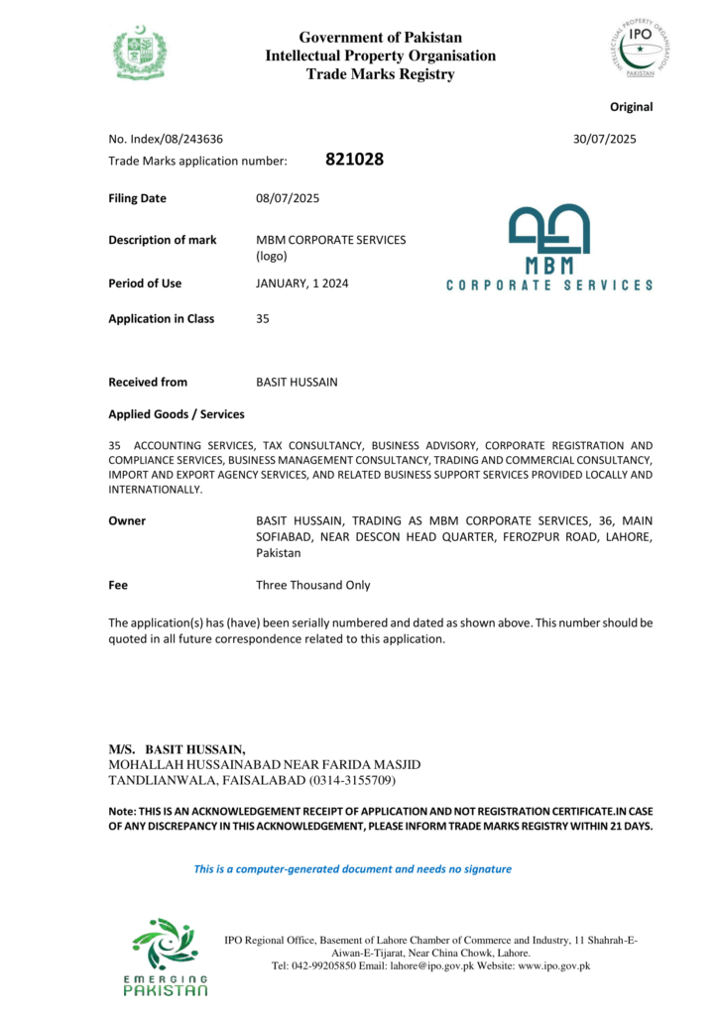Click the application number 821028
pos(354,159)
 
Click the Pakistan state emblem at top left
pos(140,53)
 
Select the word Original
pos(631,107)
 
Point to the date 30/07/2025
pos(604,139)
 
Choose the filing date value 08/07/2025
pos(288,198)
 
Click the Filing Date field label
pos(137,198)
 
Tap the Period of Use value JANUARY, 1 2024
pos(301,283)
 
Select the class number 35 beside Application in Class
pos(263,319)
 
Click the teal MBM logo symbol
pos(548,229)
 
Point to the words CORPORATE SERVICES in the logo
pos(549,285)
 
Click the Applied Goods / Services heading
pos(176,414)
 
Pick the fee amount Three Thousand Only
pos(312,585)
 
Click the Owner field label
pos(127,520)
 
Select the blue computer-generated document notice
pos(352,869)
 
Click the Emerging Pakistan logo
pos(165,957)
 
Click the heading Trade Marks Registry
pos(380,74)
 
